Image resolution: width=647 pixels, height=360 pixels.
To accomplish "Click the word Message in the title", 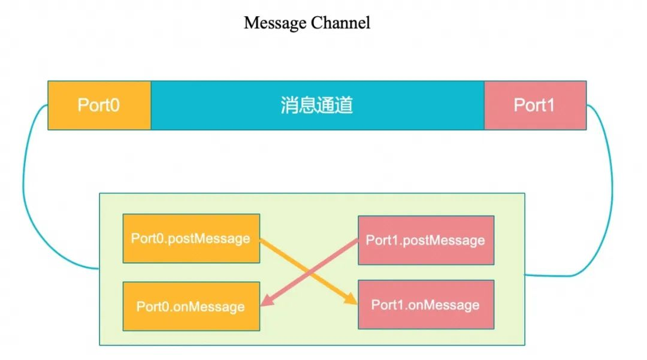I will coord(276,23).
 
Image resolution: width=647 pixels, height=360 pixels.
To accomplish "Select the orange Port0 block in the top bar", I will coord(99,105).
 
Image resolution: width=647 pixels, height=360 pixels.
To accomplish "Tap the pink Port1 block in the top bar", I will coord(535,105).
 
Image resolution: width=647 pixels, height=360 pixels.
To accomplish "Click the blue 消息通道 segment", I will coord(407,105).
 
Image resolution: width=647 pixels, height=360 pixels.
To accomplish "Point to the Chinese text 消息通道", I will coord(316,105).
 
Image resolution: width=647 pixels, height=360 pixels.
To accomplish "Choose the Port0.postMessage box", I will coord(191,238).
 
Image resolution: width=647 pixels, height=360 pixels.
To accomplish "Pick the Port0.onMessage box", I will coord(191,306).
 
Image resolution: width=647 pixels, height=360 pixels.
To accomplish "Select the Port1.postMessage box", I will coord(426,240).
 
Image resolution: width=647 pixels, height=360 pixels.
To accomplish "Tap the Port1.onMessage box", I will coord(426,304).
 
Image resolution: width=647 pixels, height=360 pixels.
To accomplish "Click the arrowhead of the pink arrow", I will coord(266,304).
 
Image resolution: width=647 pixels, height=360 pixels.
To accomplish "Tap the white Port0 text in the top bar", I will coord(99,105).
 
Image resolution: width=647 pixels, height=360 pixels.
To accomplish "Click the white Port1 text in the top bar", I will coord(534,105).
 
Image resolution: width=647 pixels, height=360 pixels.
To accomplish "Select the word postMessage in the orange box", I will coord(209,238).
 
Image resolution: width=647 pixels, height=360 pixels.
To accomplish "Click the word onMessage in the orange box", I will coord(208,307).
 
